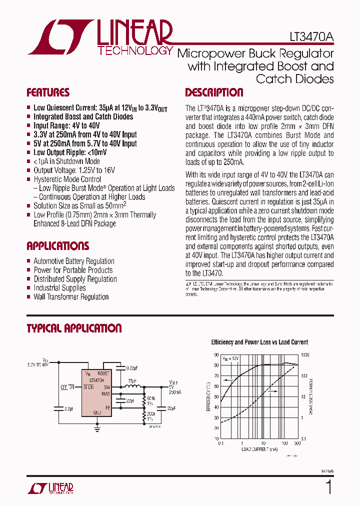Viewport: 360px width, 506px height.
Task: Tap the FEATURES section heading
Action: pyautogui.click(x=48, y=92)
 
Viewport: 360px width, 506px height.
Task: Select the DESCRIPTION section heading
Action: pyautogui.click(x=214, y=92)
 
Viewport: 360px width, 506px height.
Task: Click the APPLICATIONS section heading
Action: pyautogui.click(x=57, y=246)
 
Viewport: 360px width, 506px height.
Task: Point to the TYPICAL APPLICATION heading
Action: pyautogui.click(x=74, y=328)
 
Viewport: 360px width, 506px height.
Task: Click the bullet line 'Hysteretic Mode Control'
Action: pyautogui.click(x=67, y=179)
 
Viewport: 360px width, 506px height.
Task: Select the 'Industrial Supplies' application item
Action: pyautogui.click(x=59, y=288)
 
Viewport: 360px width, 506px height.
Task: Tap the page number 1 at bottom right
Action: pyautogui.click(x=328, y=487)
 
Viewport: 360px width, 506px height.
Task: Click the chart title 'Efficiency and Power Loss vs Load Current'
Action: pyautogui.click(x=259, y=342)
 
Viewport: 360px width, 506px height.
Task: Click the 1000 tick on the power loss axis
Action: pyautogui.click(x=305, y=354)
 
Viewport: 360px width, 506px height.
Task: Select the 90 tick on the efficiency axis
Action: pyautogui.click(x=216, y=354)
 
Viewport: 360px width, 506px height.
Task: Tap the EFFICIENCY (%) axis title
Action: pyautogui.click(x=208, y=396)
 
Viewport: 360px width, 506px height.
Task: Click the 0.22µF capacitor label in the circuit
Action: pyautogui.click(x=132, y=368)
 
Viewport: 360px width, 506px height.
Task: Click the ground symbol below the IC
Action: pyautogui.click(x=97, y=428)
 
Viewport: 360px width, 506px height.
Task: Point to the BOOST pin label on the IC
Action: pyautogui.click(x=103, y=373)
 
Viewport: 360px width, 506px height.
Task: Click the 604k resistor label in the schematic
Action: pyautogui.click(x=150, y=398)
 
